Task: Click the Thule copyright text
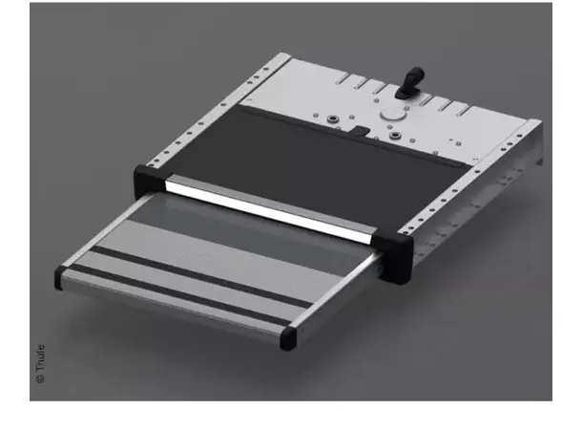40,364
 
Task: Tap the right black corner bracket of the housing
397,250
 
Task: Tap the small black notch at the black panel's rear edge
363,126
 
